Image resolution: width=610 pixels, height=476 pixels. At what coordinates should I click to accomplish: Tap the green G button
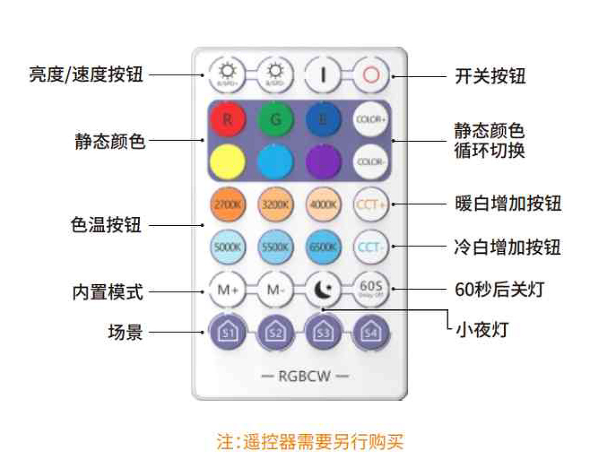coord(275,119)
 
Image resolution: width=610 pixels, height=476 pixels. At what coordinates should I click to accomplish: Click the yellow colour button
coord(227,161)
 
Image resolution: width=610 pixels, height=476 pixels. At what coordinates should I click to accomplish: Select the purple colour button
coord(323,161)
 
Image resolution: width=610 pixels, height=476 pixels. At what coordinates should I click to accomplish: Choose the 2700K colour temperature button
coord(227,204)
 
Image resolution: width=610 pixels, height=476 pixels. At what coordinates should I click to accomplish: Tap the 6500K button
coord(323,247)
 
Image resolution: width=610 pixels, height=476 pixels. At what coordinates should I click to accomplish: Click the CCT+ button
coord(370,204)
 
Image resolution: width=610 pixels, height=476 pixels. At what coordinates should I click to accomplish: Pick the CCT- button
coord(370,247)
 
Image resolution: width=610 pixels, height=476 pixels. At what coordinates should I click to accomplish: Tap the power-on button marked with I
coord(323,75)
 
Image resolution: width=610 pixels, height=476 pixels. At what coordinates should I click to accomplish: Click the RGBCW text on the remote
coord(305,377)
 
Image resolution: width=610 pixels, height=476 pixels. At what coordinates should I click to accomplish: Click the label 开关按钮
coord(490,76)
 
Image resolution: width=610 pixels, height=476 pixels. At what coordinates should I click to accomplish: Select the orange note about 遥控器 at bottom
coord(310,442)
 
